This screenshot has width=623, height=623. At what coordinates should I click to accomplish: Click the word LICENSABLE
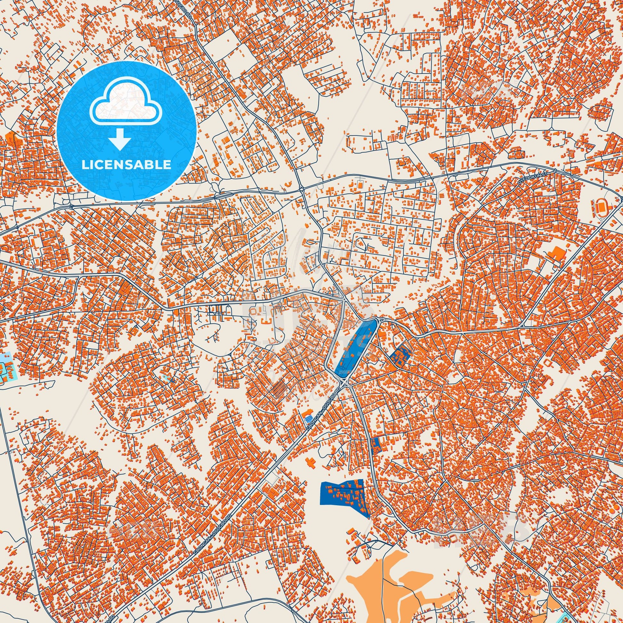(x=126, y=165)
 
